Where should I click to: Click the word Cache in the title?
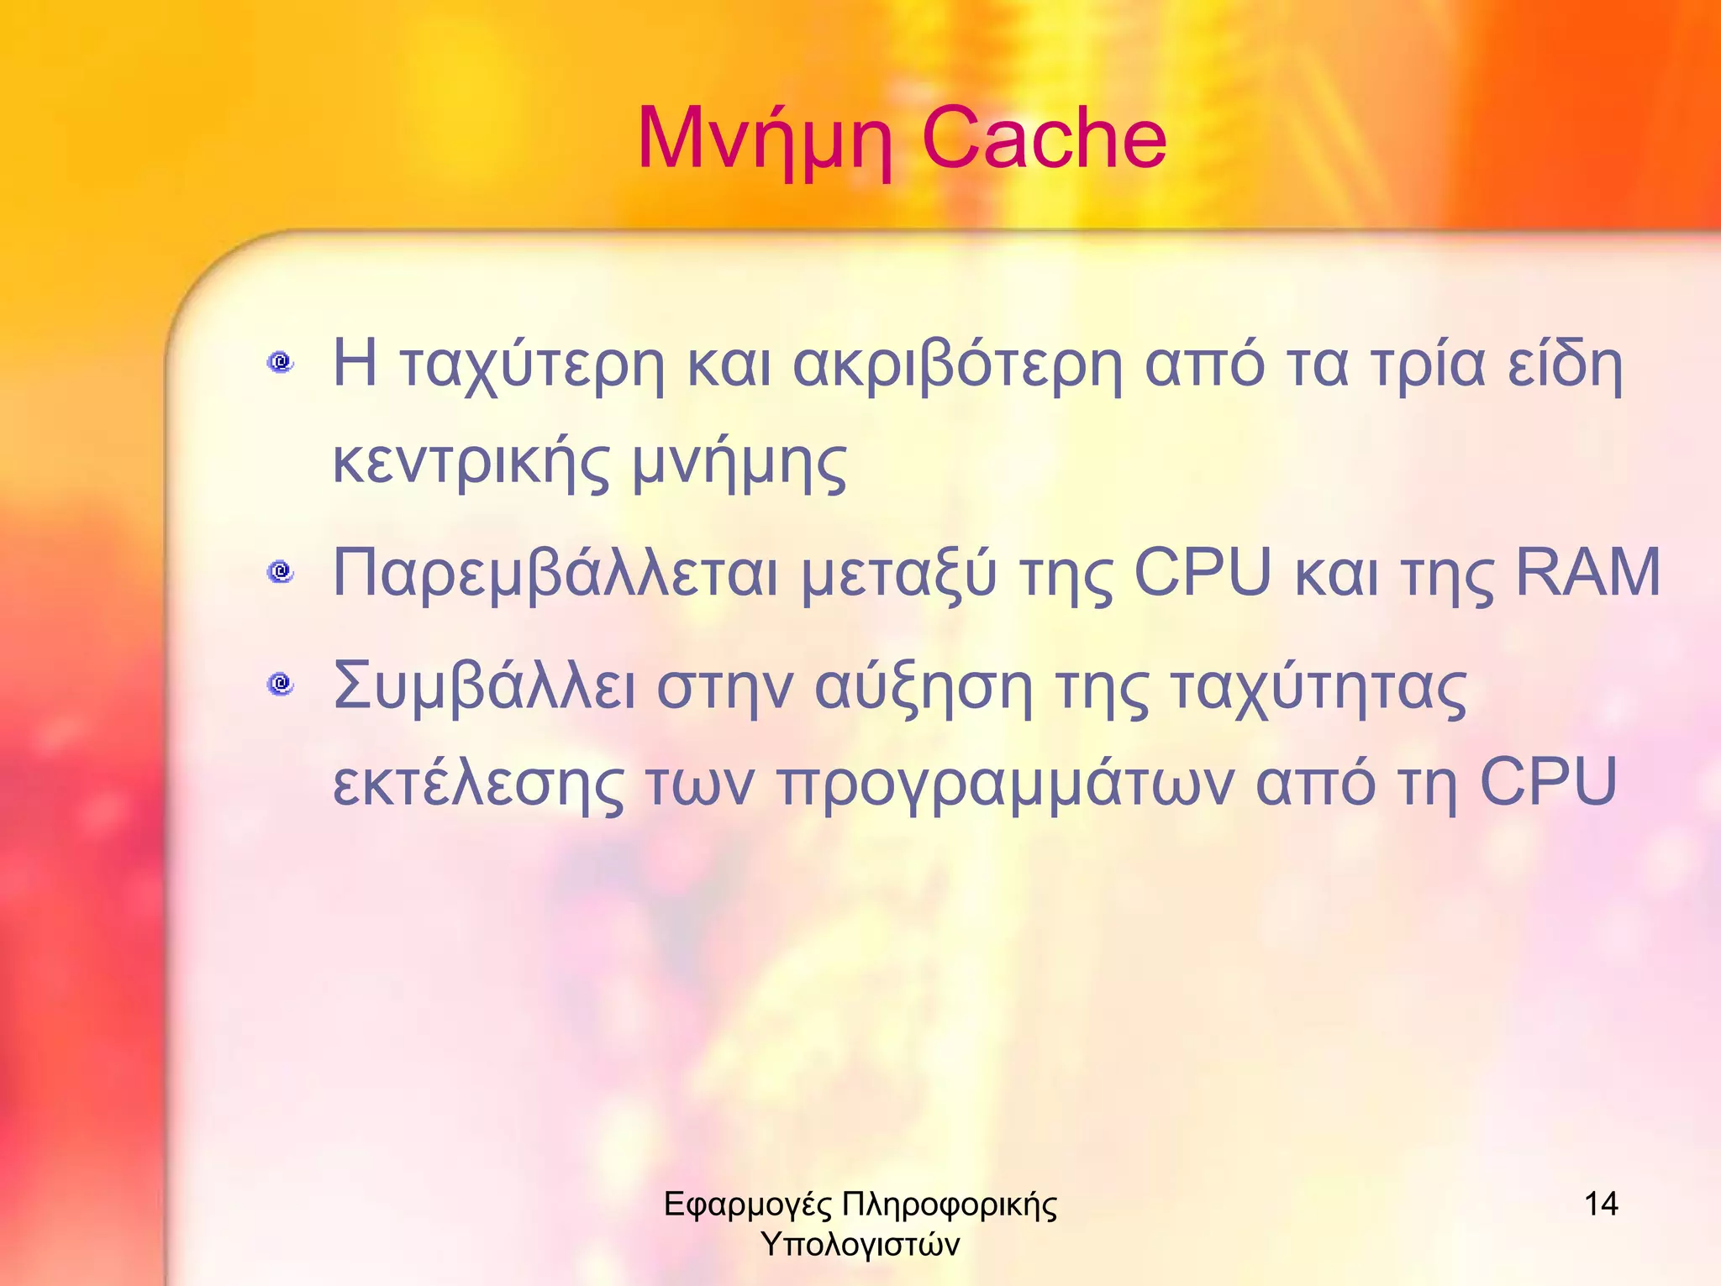pyautogui.click(x=1044, y=139)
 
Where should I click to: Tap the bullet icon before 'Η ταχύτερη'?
pyautogui.click(x=281, y=363)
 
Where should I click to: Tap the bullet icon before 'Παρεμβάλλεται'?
pyautogui.click(x=281, y=573)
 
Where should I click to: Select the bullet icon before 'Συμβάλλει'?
pyautogui.click(x=281, y=684)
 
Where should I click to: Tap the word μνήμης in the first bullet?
pyautogui.click(x=739, y=467)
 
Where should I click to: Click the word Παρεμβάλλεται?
pyautogui.click(x=555, y=575)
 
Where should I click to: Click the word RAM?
pyautogui.click(x=1587, y=573)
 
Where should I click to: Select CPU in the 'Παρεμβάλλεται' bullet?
pyautogui.click(x=1203, y=573)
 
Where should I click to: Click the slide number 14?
pyautogui.click(x=1601, y=1205)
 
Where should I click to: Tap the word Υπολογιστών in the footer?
pyautogui.click(x=860, y=1244)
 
